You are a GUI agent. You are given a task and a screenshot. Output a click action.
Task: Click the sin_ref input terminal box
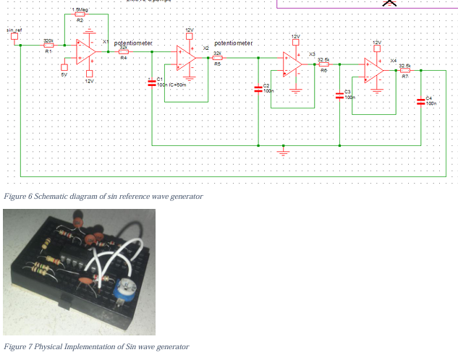pyautogui.click(x=14, y=36)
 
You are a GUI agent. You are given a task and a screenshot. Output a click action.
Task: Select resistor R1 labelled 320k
pyautogui.click(x=48, y=46)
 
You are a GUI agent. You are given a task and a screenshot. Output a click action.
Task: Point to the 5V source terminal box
pyautogui.click(x=64, y=68)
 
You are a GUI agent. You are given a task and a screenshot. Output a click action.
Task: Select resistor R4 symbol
pyautogui.click(x=123, y=52)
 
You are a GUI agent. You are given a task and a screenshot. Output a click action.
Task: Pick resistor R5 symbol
pyautogui.click(x=217, y=58)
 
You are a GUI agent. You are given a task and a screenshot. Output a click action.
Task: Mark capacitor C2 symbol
pyautogui.click(x=258, y=88)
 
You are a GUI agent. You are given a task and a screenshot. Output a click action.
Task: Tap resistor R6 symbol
pyautogui.click(x=323, y=64)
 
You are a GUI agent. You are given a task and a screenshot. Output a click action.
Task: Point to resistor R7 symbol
pyautogui.click(x=404, y=71)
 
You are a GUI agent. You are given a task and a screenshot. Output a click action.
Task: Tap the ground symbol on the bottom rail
pyautogui.click(x=284, y=152)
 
